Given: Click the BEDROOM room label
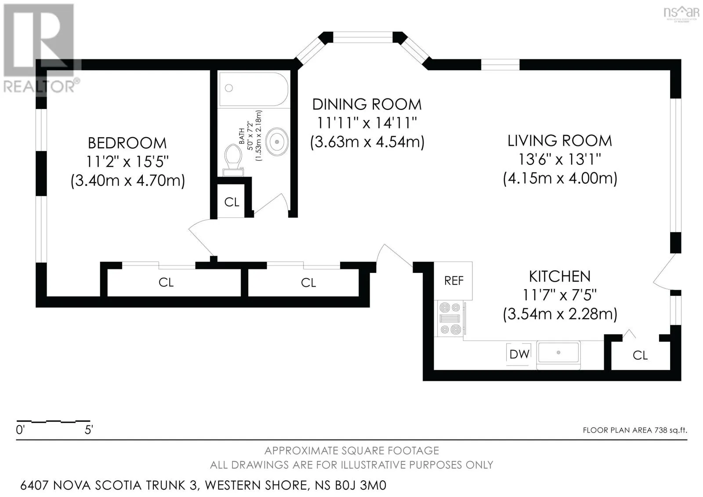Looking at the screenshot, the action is [x=127, y=143].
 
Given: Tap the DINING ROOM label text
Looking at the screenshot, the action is [x=367, y=105].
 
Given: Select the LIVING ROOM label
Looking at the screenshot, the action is [x=560, y=141].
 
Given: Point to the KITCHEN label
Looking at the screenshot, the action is [x=560, y=276].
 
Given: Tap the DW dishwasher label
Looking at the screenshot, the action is [x=519, y=354].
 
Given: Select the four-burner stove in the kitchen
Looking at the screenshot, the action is [x=450, y=318].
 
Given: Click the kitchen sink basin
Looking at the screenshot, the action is [x=558, y=352].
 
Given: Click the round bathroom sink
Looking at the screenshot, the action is [x=277, y=142].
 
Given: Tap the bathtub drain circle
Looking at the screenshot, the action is [x=229, y=88].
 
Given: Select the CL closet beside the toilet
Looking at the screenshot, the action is [x=232, y=202].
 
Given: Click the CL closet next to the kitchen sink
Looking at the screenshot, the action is [x=640, y=355].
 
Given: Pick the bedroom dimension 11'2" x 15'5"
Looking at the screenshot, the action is [x=127, y=162].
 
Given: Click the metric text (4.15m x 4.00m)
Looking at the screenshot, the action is [x=560, y=178].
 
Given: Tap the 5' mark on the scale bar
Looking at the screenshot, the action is [x=89, y=429].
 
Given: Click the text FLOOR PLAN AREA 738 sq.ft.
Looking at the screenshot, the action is [x=635, y=430].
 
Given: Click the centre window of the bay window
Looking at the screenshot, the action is [x=362, y=37].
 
